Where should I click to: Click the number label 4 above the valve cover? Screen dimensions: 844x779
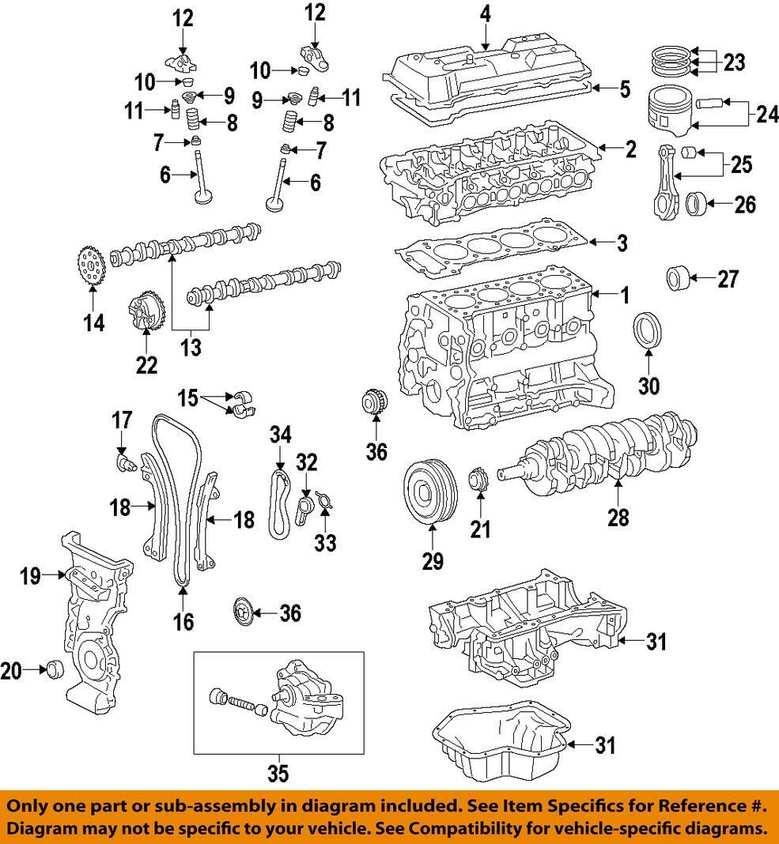click(x=486, y=13)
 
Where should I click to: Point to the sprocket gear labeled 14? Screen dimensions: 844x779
click(x=93, y=266)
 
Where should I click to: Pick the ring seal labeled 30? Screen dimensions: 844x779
click(x=648, y=330)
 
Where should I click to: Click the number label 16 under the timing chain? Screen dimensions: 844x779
click(x=183, y=622)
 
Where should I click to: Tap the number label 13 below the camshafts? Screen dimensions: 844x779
click(x=191, y=347)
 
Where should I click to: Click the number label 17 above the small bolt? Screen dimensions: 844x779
click(x=122, y=420)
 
